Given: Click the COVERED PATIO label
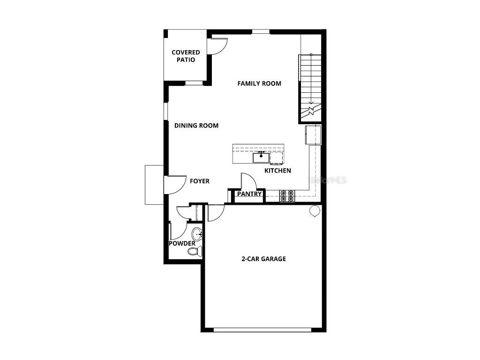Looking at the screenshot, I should point(186,56).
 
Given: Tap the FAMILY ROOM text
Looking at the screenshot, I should point(259,83).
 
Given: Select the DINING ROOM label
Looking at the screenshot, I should point(196,126).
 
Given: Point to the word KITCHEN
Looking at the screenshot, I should point(277,171).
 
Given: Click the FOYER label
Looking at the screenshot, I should point(199,181).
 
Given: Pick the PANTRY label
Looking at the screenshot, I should point(249,194).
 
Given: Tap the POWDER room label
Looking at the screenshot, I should point(182,243).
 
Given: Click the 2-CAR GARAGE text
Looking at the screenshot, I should point(263,259).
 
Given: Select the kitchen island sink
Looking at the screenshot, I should point(261,157).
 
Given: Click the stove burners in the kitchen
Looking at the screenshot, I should point(287,195).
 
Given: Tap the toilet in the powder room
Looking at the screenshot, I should point(194,252).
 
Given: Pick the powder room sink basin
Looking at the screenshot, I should point(197,234).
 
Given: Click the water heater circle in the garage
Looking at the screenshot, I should point(314,211).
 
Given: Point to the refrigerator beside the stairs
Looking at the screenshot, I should point(313,135).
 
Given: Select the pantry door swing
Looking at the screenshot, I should point(247,180).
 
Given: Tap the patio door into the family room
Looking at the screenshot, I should point(218,45).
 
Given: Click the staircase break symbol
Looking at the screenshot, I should point(311,112).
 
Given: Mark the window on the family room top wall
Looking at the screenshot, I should point(261,32).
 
